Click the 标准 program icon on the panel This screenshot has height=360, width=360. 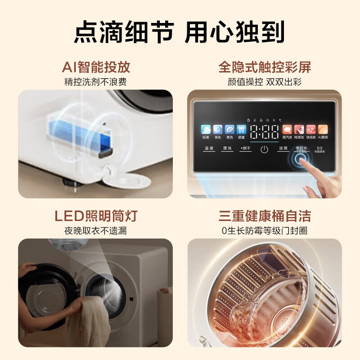[206, 130]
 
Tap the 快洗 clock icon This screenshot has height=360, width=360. [218, 130]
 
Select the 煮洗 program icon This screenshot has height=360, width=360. [229, 130]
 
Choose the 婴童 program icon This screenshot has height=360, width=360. [241, 130]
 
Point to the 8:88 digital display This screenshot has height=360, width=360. [264, 131]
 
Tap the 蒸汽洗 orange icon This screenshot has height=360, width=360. [287, 130]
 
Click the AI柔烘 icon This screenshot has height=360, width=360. [323, 130]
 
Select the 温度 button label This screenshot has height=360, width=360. [209, 148]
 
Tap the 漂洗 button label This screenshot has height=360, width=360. [227, 148]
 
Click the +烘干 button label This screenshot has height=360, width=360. [245, 148]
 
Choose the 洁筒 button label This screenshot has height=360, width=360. [283, 148]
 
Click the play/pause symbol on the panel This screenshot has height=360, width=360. [319, 148]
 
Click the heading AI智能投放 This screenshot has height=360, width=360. [96, 67]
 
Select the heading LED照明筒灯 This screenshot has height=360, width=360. [96, 216]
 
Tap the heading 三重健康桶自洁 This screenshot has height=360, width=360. [265, 216]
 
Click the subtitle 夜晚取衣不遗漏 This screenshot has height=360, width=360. [96, 231]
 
